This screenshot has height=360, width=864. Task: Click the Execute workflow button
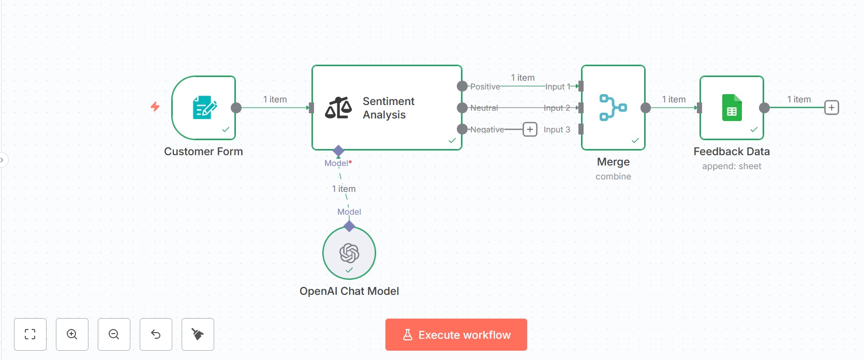(x=456, y=335)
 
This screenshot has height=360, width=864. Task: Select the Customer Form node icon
(x=204, y=108)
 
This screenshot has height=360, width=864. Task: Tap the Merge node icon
(x=613, y=108)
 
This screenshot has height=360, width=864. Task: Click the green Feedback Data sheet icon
(x=732, y=108)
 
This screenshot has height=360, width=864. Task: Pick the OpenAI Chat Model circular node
(x=349, y=253)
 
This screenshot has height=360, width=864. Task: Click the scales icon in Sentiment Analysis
(x=338, y=108)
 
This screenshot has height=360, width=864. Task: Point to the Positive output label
(x=485, y=87)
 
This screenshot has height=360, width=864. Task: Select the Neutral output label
(x=484, y=108)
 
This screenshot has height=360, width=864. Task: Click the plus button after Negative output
(x=530, y=129)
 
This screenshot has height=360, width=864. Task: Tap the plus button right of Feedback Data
(x=831, y=108)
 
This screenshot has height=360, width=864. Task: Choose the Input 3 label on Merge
(x=557, y=130)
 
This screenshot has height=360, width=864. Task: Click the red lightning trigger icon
(x=155, y=107)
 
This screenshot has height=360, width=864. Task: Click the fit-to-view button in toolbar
(x=31, y=334)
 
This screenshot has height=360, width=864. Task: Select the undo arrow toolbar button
(x=156, y=334)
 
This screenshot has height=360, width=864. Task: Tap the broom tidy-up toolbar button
(x=198, y=334)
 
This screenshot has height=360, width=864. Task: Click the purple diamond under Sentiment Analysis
(x=338, y=151)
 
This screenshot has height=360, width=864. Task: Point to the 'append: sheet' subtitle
(x=732, y=167)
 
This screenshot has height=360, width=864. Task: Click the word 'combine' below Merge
(x=613, y=177)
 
